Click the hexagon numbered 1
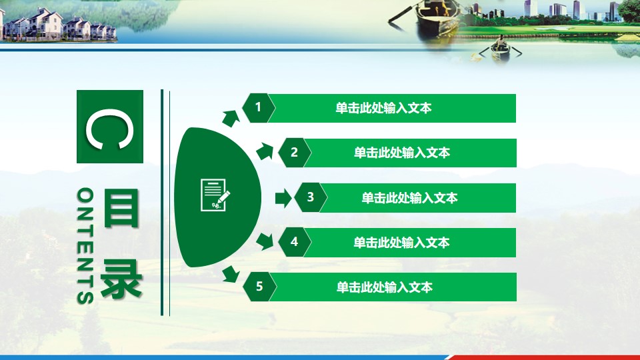click(x=259, y=108)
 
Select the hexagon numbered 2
click(x=294, y=153)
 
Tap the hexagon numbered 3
click(x=311, y=197)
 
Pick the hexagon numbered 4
click(x=294, y=243)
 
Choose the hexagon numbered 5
click(x=259, y=287)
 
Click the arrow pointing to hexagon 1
click(x=231, y=118)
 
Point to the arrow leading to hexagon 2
click(x=265, y=151)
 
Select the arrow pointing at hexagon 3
click(x=283, y=199)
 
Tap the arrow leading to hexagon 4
click(x=265, y=241)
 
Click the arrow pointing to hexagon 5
click(x=231, y=274)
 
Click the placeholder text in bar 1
click(x=383, y=108)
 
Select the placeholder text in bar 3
click(x=409, y=198)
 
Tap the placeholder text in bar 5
click(x=384, y=287)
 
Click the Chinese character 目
click(x=121, y=208)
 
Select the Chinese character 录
click(x=121, y=279)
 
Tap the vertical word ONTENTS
click(x=85, y=246)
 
